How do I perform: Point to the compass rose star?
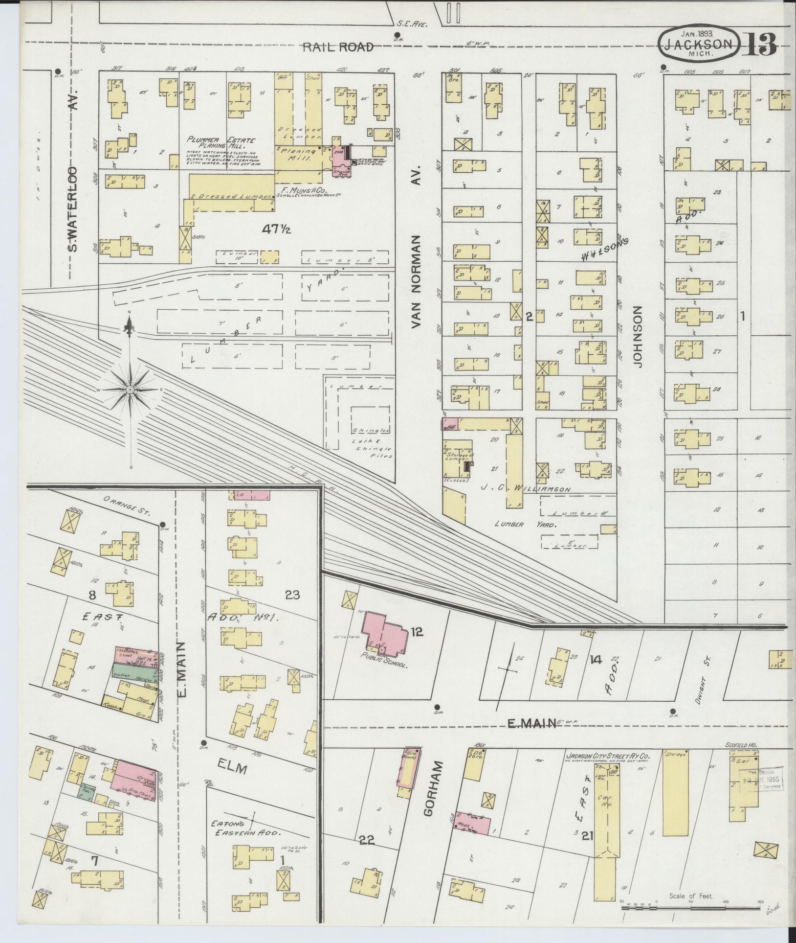[130, 389]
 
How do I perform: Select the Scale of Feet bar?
[691, 907]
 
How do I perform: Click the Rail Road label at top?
[338, 47]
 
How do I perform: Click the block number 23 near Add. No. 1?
[293, 595]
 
